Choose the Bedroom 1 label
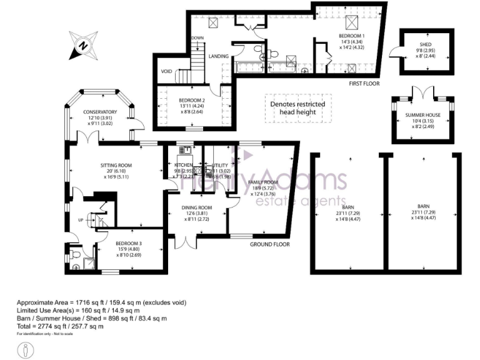click(348, 36)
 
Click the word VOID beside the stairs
click(166, 71)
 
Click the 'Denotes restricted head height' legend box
click(297, 107)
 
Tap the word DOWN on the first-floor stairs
click(197, 38)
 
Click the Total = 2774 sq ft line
click(73, 326)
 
